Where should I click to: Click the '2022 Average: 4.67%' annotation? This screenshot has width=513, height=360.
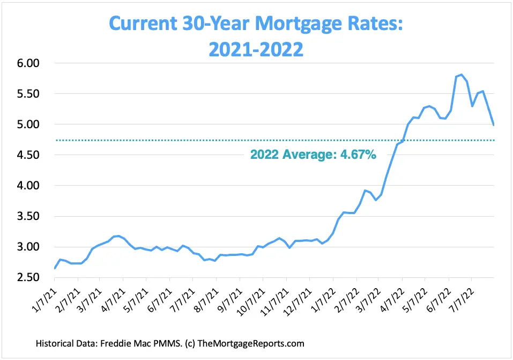click(x=313, y=155)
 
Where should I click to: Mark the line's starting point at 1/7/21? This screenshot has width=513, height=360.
click(x=55, y=268)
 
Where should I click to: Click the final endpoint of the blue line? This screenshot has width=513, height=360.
click(x=494, y=125)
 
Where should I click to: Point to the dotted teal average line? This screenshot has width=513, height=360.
click(x=161, y=141)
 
